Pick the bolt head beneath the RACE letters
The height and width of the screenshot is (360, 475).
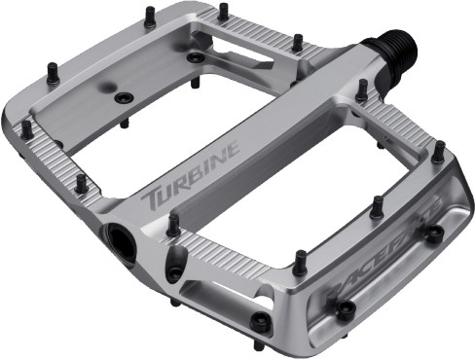point(345,309)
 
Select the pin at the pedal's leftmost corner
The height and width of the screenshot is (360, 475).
point(26,127)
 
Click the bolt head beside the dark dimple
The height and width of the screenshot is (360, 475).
point(123,97)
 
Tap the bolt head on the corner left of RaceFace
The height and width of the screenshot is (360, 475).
point(261,322)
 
